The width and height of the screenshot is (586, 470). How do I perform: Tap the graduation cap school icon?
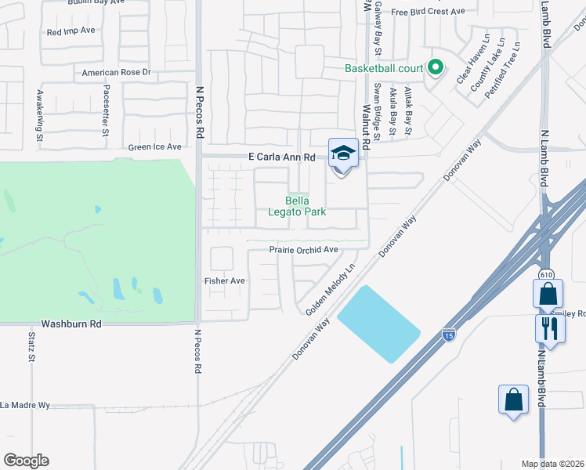pos(343,152)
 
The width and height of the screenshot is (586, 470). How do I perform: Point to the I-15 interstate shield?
pos(448,334)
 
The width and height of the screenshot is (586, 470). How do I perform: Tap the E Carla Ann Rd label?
pos(281,157)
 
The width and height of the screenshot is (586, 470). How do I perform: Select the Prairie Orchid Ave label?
pos(303,250)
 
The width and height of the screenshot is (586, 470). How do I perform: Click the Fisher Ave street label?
pos(225,281)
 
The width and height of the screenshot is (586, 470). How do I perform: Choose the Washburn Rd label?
pos(71,323)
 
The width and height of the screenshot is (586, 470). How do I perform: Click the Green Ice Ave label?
pos(155,146)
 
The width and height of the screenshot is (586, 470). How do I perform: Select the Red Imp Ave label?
pos(71,32)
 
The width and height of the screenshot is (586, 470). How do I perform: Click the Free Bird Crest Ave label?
pos(428,12)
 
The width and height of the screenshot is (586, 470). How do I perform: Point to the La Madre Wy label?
pos(25,405)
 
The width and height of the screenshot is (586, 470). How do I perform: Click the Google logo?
pos(26,461)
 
